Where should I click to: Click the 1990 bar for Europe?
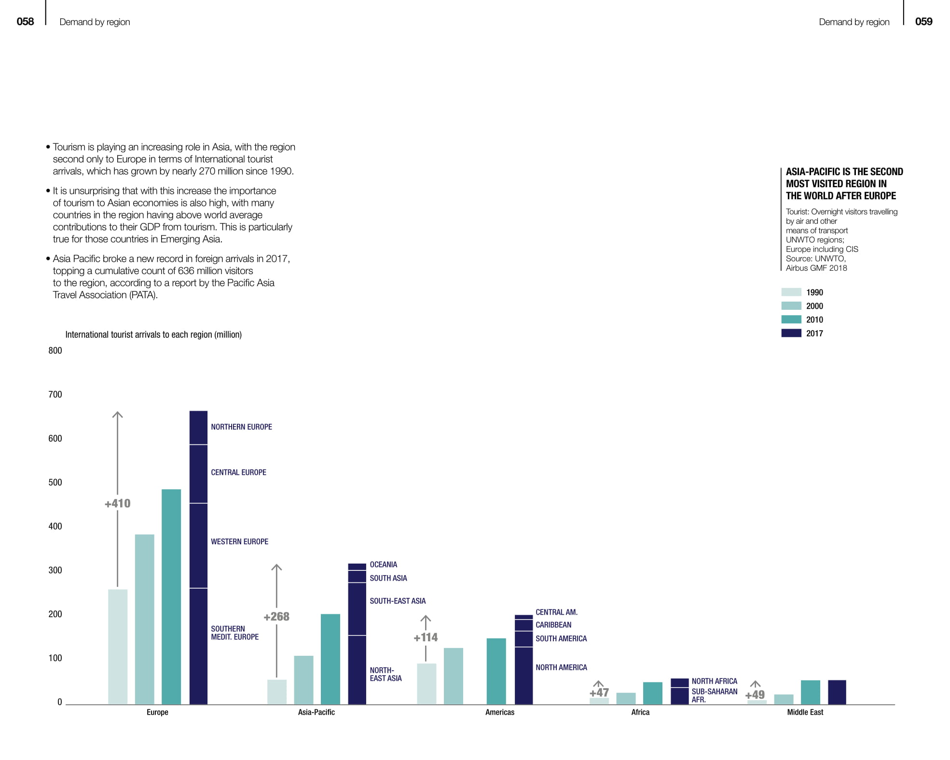pyautogui.click(x=118, y=647)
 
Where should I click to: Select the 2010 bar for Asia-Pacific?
pyautogui.click(x=330, y=659)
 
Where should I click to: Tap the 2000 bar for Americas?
pyautogui.click(x=453, y=676)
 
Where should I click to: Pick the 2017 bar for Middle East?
pyautogui.click(x=837, y=692)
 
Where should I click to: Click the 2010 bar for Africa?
pyautogui.click(x=652, y=693)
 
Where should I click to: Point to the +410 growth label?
pyautogui.click(x=117, y=503)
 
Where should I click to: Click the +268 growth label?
pyautogui.click(x=276, y=616)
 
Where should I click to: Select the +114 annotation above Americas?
pyautogui.click(x=426, y=637)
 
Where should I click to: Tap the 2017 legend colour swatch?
pyautogui.click(x=791, y=333)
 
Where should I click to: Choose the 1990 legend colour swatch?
pyautogui.click(x=791, y=292)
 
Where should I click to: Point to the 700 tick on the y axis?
pyautogui.click(x=55, y=394)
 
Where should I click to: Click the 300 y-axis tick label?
pyautogui.click(x=55, y=570)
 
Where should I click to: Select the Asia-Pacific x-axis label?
pyautogui.click(x=316, y=712)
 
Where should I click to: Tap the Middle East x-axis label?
pyautogui.click(x=805, y=712)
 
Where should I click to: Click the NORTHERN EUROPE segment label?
pyautogui.click(x=241, y=427)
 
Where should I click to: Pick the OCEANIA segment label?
pyautogui.click(x=383, y=565)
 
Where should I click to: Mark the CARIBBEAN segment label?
pyautogui.click(x=553, y=624)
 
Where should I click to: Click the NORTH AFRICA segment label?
pyautogui.click(x=714, y=681)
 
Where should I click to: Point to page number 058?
pyautogui.click(x=25, y=21)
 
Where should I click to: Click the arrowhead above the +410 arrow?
pyautogui.click(x=117, y=414)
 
